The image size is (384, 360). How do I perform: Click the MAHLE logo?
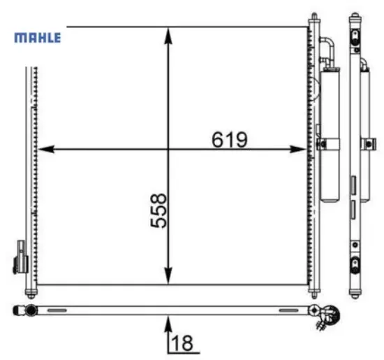(38, 37)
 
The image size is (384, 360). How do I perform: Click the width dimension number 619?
(229, 140)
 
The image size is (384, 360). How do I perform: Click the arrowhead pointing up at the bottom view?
(168, 322)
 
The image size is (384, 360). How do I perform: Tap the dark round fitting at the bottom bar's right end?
(315, 310)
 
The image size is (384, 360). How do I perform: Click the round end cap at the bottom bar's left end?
(30, 310)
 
